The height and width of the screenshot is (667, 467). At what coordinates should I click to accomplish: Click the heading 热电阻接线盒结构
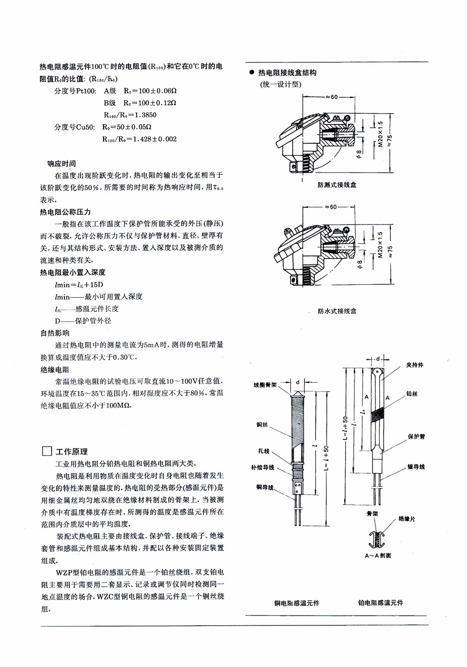287,72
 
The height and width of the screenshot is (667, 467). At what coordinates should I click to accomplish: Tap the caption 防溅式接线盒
337,185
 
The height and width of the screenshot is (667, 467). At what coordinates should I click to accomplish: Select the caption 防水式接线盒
337,311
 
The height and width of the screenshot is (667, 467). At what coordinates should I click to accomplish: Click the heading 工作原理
72,452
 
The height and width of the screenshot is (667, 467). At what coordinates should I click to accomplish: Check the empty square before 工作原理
47,452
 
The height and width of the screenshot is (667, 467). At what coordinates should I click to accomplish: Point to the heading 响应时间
61,163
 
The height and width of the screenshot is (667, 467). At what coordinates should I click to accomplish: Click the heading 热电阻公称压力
65,212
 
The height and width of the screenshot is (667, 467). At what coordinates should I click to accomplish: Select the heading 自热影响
55,333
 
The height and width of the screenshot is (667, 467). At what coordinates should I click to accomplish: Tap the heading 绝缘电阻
55,369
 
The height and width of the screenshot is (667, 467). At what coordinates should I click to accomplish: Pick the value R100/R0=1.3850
130,115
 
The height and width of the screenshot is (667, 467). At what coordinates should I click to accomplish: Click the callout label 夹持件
414,365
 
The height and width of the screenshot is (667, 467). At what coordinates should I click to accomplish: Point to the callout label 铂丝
412,394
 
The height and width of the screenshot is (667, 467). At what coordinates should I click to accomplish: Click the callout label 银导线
416,467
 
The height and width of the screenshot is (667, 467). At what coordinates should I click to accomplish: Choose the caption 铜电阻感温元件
296,603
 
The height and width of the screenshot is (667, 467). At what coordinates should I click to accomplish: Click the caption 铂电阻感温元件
380,603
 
